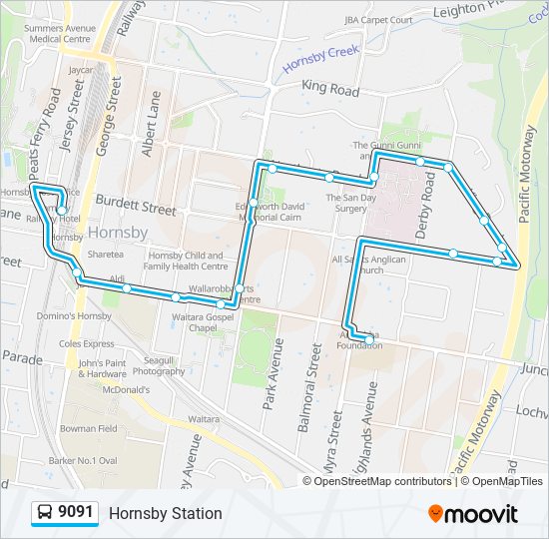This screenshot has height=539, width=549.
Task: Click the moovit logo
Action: tap(473, 514)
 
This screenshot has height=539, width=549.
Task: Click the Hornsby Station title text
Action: tap(165, 514)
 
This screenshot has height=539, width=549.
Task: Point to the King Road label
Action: tap(329, 89)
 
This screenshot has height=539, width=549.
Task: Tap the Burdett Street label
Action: tap(136, 210)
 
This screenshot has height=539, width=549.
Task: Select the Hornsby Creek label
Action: tap(319, 59)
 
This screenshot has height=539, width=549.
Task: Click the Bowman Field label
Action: tap(89, 428)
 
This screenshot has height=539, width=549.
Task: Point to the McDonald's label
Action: tap(124, 389)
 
